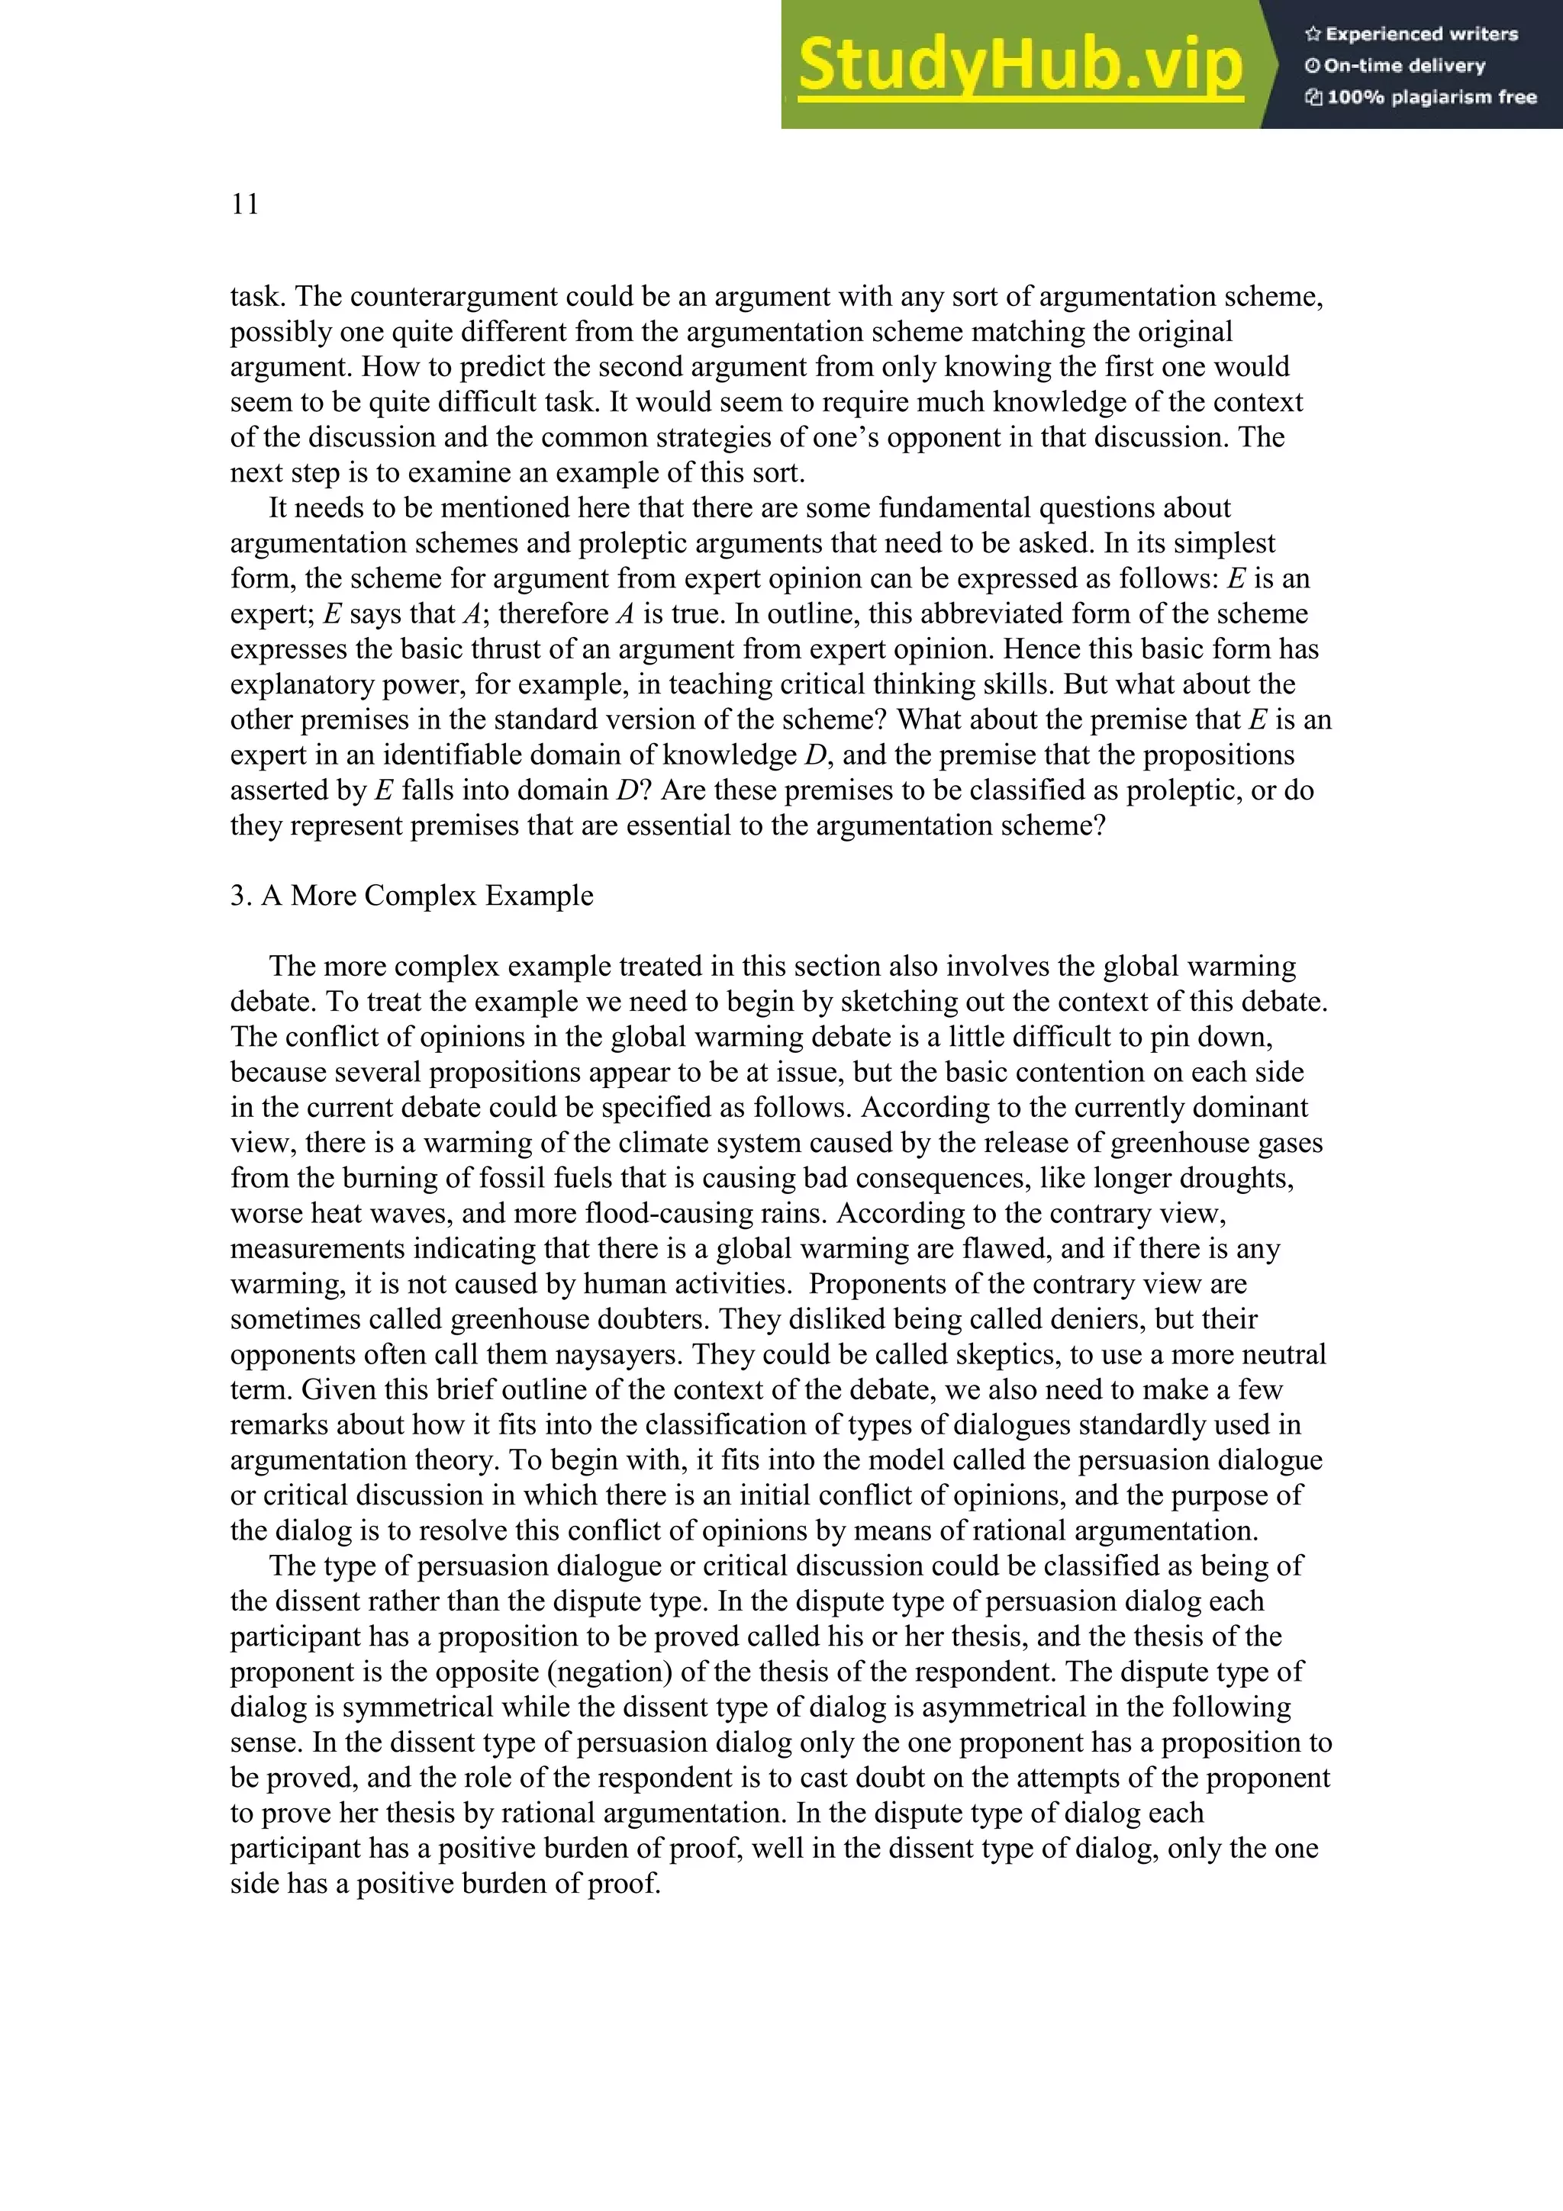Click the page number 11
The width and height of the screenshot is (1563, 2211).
[245, 204]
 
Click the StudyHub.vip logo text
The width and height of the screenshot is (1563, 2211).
[1020, 66]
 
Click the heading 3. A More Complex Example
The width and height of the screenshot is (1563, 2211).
[411, 896]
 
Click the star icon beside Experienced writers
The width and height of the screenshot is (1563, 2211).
[1312, 34]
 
